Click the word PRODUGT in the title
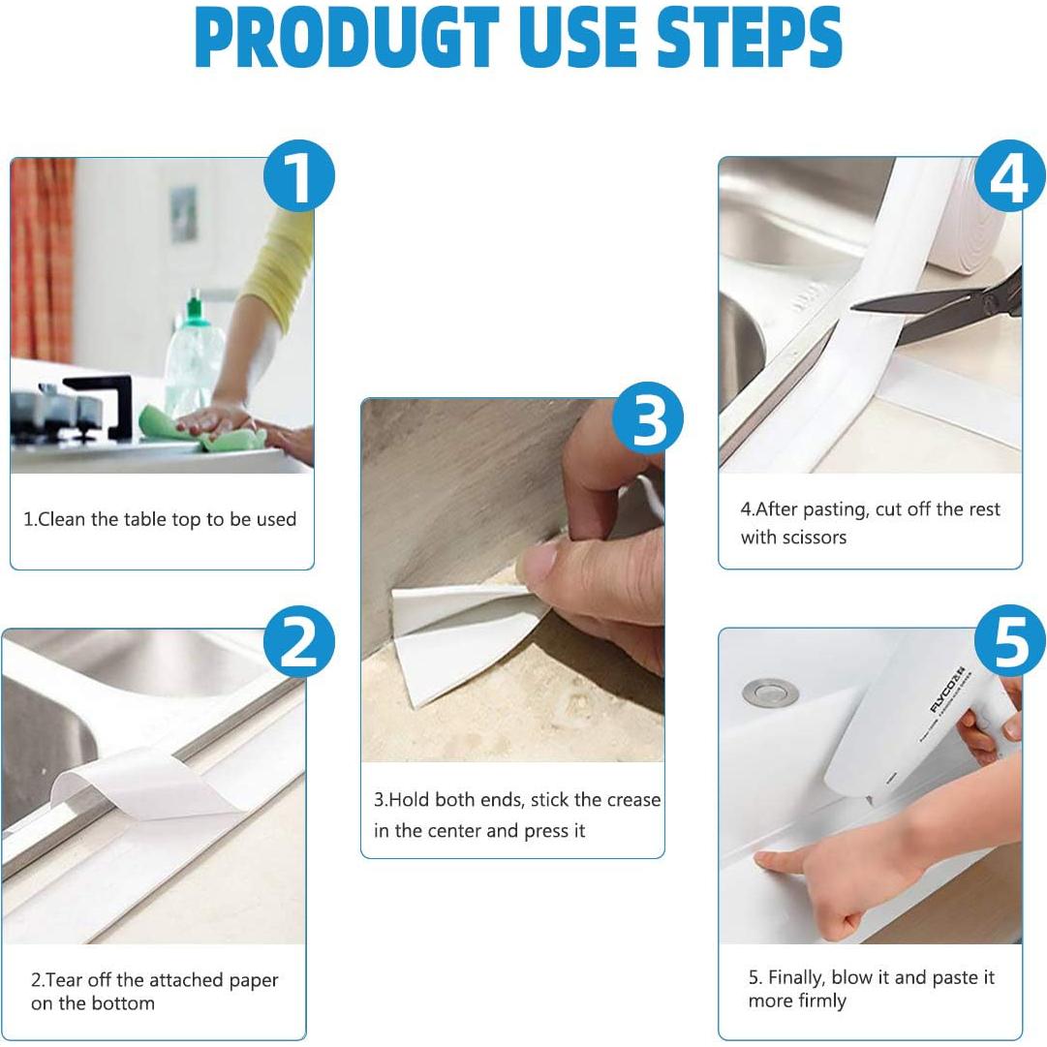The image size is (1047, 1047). (347, 38)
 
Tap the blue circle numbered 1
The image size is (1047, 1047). (297, 175)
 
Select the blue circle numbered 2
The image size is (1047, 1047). (298, 641)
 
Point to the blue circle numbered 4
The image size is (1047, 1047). (1009, 175)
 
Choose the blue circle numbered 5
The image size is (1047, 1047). (1009, 641)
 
